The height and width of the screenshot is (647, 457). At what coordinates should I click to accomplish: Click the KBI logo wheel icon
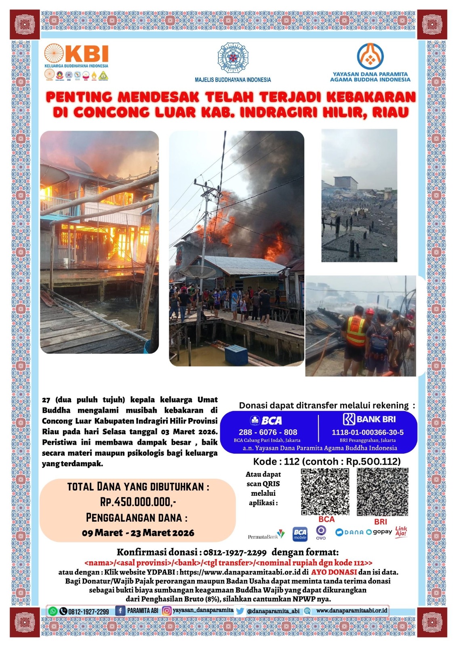(x=54, y=53)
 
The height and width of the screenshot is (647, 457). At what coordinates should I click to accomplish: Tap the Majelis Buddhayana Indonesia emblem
(x=233, y=57)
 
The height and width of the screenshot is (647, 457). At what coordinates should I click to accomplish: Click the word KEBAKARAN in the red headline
(x=371, y=97)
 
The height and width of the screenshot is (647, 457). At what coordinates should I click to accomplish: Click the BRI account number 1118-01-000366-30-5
(x=367, y=432)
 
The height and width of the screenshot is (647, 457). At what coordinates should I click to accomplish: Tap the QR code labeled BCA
(x=325, y=491)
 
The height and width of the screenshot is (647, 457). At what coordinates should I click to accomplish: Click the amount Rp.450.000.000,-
(x=138, y=502)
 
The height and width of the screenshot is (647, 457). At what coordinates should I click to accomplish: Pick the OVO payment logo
(x=321, y=532)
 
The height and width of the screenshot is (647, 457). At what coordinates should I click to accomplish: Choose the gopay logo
(x=379, y=532)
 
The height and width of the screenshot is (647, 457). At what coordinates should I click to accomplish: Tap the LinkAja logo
(x=401, y=531)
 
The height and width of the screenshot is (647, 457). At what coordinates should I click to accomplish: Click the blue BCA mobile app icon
(x=300, y=534)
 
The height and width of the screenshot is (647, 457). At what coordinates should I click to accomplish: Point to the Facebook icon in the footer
(x=120, y=611)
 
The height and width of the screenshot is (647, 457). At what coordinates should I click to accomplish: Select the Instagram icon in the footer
(x=166, y=611)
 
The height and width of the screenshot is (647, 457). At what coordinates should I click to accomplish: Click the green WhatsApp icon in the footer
(x=53, y=611)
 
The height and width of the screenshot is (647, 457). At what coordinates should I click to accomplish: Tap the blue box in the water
(x=236, y=355)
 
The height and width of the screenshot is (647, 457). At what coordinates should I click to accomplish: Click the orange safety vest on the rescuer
(x=356, y=330)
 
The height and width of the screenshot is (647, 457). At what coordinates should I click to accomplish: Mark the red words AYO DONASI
(x=334, y=572)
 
